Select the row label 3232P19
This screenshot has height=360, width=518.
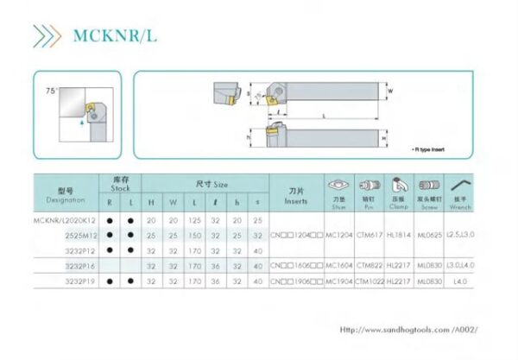(80, 281)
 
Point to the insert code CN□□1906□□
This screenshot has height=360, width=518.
(296, 281)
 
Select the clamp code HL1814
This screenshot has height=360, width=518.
(398, 235)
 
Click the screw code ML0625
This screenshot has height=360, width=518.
(429, 235)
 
